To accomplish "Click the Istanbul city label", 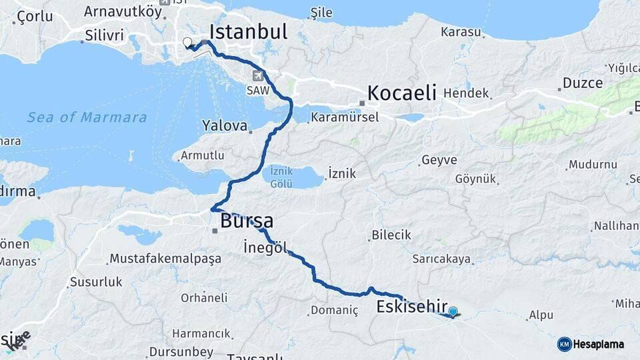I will (x=248, y=31).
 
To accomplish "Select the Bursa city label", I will (x=247, y=221).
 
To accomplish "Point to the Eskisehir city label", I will (x=411, y=306).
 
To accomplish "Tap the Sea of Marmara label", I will (x=87, y=117).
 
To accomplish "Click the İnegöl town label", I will (x=265, y=247).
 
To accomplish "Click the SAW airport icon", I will (x=258, y=76).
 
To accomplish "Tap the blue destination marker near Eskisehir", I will (x=453, y=311).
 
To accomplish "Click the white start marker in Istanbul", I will (x=187, y=43).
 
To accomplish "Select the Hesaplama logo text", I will (x=598, y=344).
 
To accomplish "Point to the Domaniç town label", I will (x=335, y=310).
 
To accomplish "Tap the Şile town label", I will (x=321, y=13).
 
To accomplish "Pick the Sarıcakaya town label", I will (x=441, y=259).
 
